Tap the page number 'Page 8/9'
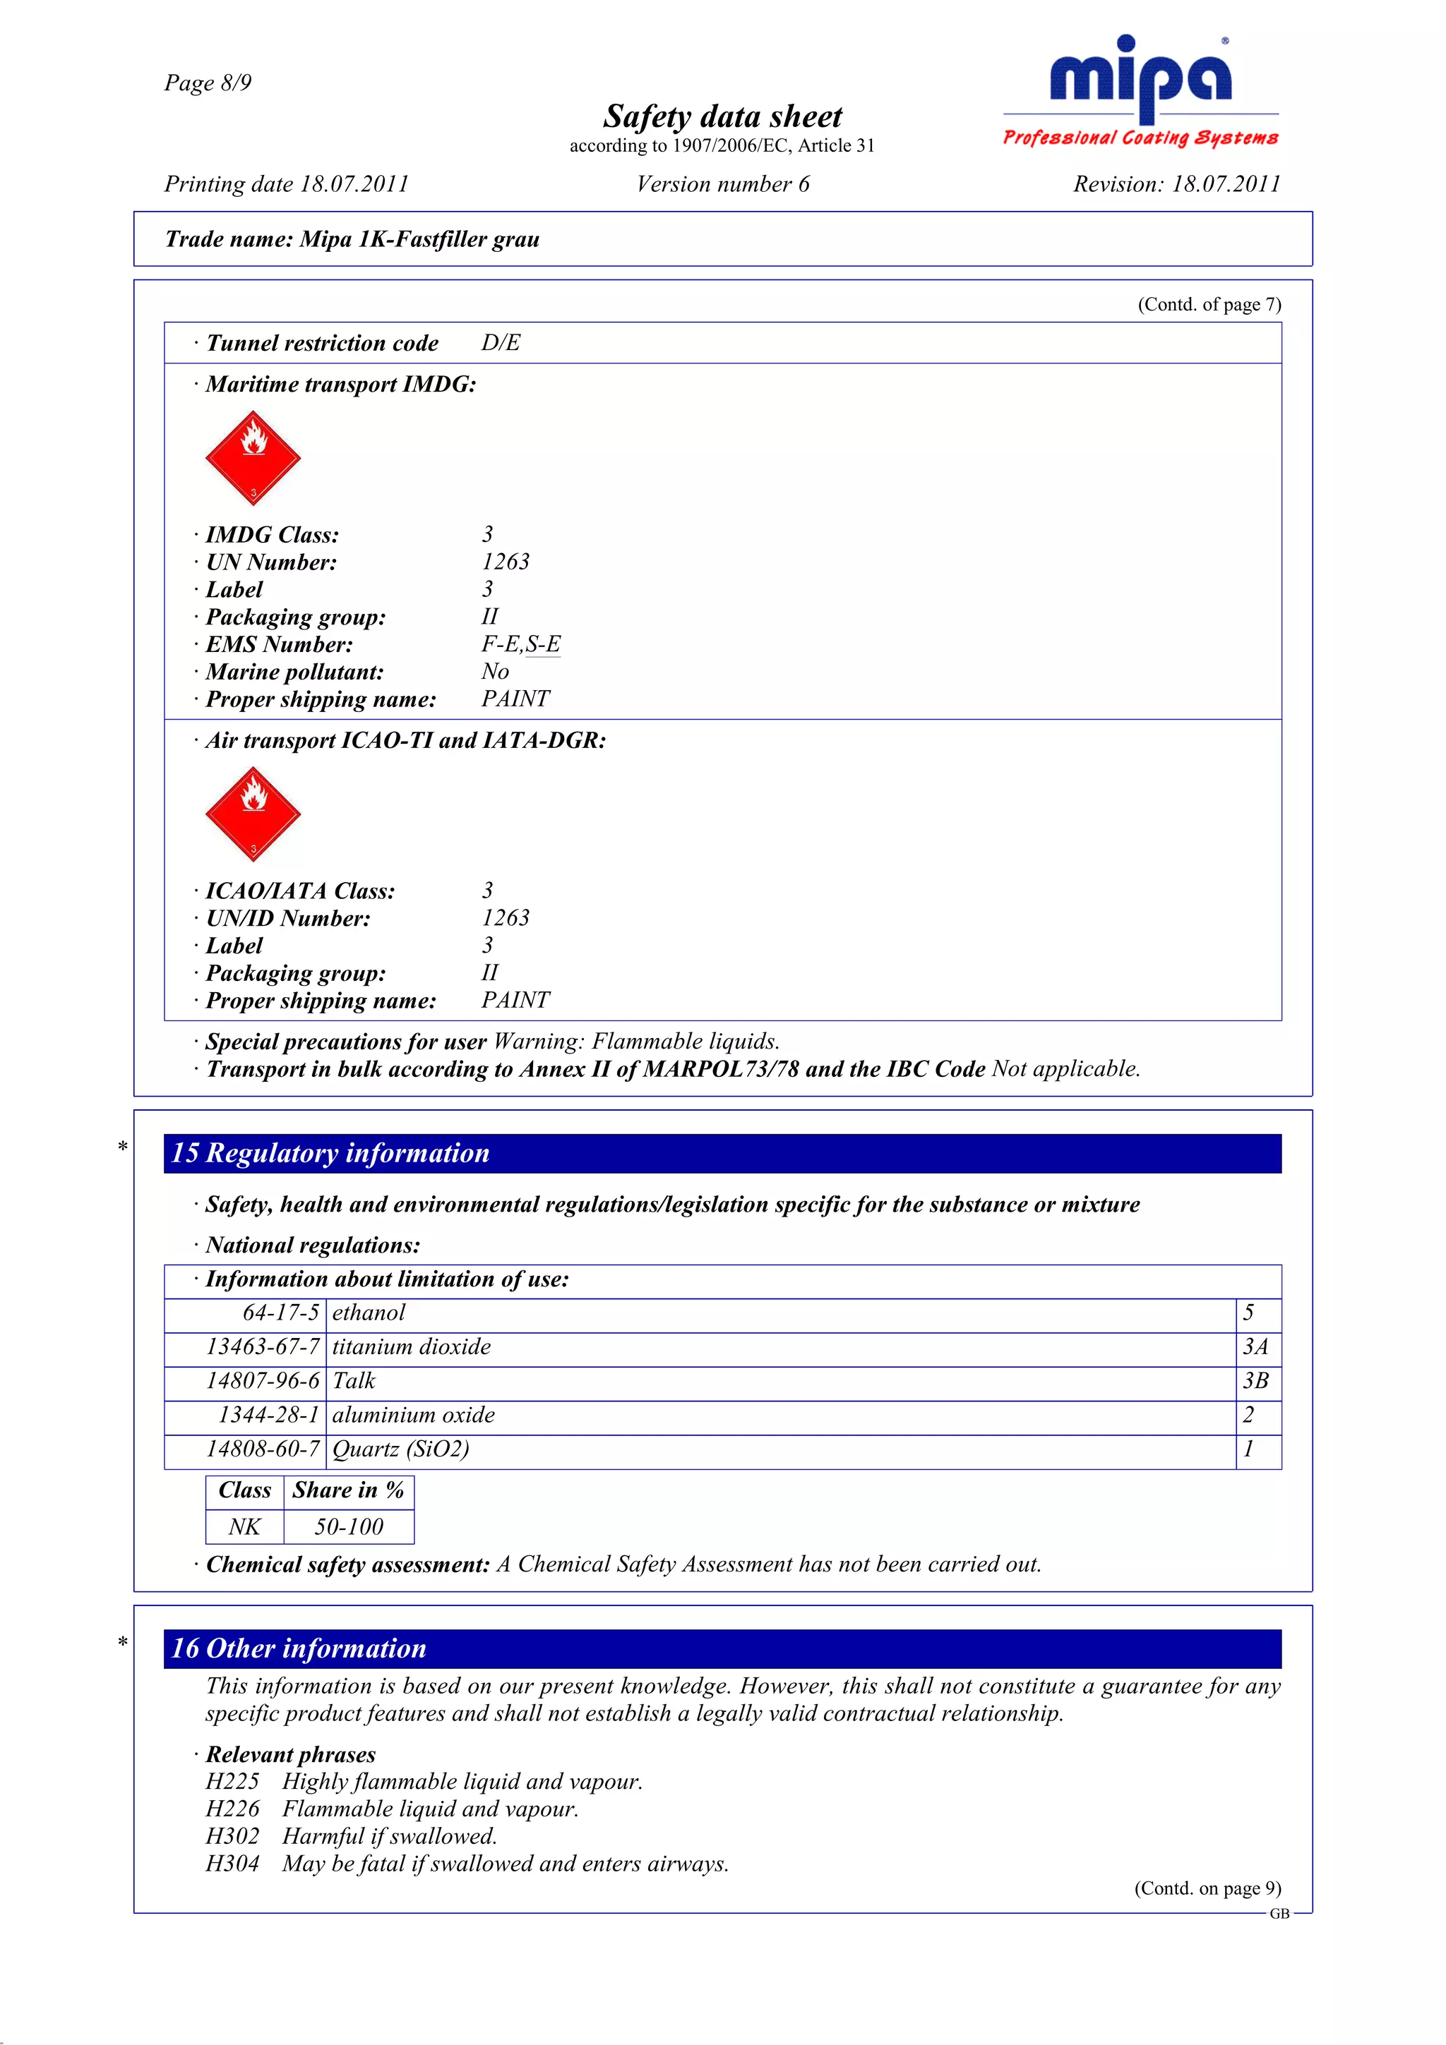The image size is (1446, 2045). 208,83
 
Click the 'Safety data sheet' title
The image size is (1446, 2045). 722,116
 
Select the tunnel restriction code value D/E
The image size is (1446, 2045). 501,343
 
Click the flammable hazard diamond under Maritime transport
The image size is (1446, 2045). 253,458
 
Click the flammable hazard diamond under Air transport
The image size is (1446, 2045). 253,814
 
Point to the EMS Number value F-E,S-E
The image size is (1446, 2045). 521,644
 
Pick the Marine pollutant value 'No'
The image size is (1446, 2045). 496,672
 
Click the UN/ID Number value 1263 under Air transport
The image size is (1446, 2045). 505,917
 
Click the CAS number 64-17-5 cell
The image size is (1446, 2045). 280,1313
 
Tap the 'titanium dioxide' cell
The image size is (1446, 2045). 412,1346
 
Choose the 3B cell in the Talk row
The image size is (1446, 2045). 1255,1380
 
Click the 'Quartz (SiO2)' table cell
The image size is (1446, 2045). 401,1449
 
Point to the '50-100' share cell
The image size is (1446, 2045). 348,1526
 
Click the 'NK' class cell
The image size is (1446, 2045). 244,1526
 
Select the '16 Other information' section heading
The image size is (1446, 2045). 299,1648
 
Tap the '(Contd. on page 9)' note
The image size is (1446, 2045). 1207,1888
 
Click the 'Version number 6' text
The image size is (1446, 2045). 722,184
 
